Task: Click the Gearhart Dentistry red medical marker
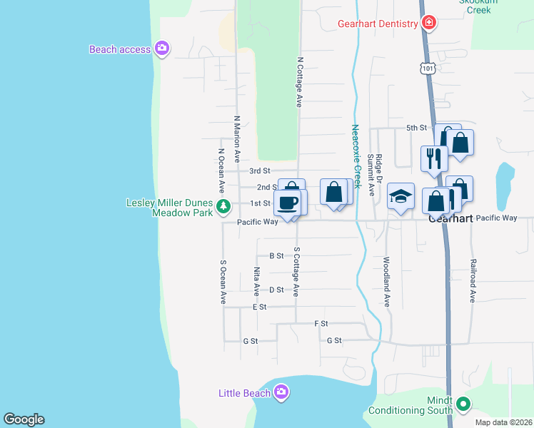[x=428, y=24]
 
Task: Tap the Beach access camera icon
[x=162, y=49]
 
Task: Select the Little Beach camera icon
[x=281, y=392]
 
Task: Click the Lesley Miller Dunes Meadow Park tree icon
[x=224, y=207]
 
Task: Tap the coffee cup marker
[x=288, y=203]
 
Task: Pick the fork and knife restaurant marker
[x=433, y=158]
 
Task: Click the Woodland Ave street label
[x=386, y=282]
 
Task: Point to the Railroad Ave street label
[x=472, y=281]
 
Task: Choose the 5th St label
[x=416, y=128]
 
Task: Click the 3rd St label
[x=260, y=171]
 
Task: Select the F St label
[x=321, y=323]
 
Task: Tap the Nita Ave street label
[x=256, y=282]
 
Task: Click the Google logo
[x=24, y=419]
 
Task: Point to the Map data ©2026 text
[x=503, y=422]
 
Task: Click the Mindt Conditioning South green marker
[x=463, y=404]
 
